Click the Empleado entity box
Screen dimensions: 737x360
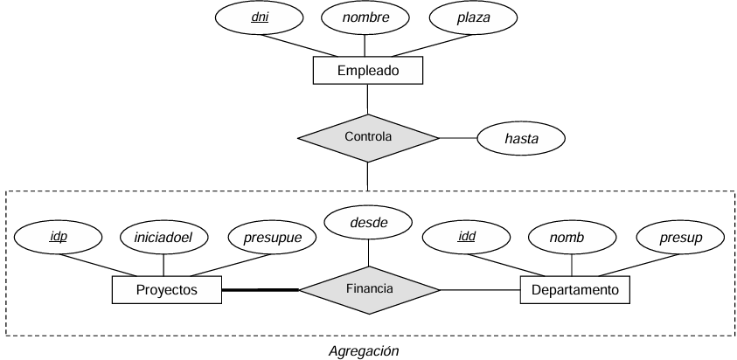click(367, 71)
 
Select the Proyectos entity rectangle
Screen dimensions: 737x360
click(167, 290)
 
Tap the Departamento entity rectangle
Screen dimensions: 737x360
click(575, 290)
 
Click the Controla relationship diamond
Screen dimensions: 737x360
click(368, 138)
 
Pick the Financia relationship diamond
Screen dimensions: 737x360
click(370, 290)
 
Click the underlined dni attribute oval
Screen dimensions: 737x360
click(259, 17)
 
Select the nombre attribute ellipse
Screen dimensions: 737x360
click(365, 17)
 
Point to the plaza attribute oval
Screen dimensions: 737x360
click(473, 17)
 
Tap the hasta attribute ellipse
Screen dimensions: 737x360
click(521, 138)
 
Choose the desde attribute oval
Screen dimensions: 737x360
click(369, 222)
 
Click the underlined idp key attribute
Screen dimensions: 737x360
click(59, 237)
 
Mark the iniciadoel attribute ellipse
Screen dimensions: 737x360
click(163, 237)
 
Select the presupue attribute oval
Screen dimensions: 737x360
click(272, 237)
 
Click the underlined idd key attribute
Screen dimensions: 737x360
click(466, 237)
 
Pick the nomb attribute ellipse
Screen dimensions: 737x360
click(572, 237)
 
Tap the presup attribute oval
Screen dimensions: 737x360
click(680, 237)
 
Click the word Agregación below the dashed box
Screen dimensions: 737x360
click(364, 351)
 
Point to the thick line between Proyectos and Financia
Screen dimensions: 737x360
click(261, 290)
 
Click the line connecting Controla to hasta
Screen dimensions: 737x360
click(458, 138)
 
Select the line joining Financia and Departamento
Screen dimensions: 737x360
click(480, 290)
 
